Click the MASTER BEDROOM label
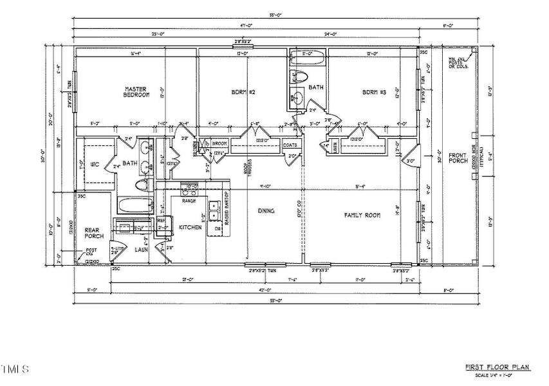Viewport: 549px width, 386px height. [x=136, y=92]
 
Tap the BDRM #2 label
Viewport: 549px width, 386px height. [x=244, y=93]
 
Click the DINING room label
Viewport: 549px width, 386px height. [x=266, y=211]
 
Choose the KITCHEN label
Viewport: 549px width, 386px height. [x=191, y=228]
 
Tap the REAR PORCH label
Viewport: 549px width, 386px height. [x=94, y=232]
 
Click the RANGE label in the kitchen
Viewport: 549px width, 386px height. [x=189, y=201]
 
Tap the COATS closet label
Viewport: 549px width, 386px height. [x=290, y=145]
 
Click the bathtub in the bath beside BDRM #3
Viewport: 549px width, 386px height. [x=308, y=57]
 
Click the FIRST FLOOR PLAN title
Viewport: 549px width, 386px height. [x=497, y=367]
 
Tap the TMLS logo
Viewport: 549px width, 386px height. [x=15, y=369]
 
